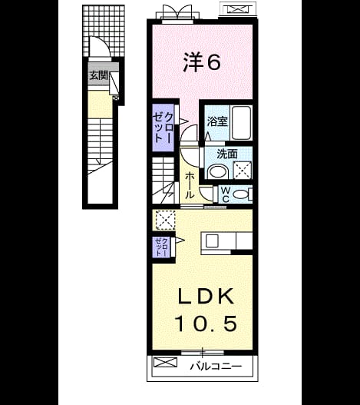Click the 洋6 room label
(202, 62)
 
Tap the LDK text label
(206, 296)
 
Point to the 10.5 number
(206, 324)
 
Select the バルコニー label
(216, 366)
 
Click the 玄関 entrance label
(98, 76)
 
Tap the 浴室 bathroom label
(217, 121)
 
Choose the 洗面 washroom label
(227, 154)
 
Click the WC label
(226, 194)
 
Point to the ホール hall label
(190, 186)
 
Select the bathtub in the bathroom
(241, 123)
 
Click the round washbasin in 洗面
(217, 171)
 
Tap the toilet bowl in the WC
(240, 194)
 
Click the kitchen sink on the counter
(212, 241)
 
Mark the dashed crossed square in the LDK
(167, 220)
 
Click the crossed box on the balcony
(166, 362)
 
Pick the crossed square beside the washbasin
(243, 170)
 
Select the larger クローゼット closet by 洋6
(163, 128)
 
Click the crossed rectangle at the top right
(237, 9)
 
